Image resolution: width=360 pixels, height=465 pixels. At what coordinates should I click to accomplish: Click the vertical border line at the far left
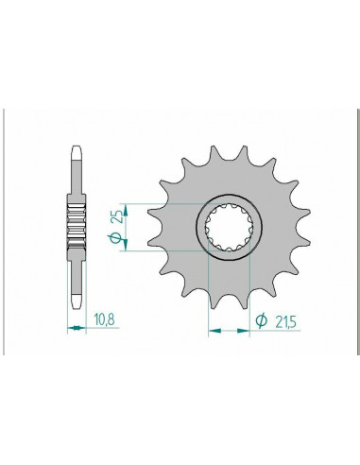[x=6, y=231]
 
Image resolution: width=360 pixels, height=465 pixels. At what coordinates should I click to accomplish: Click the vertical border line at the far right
[x=353, y=231]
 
